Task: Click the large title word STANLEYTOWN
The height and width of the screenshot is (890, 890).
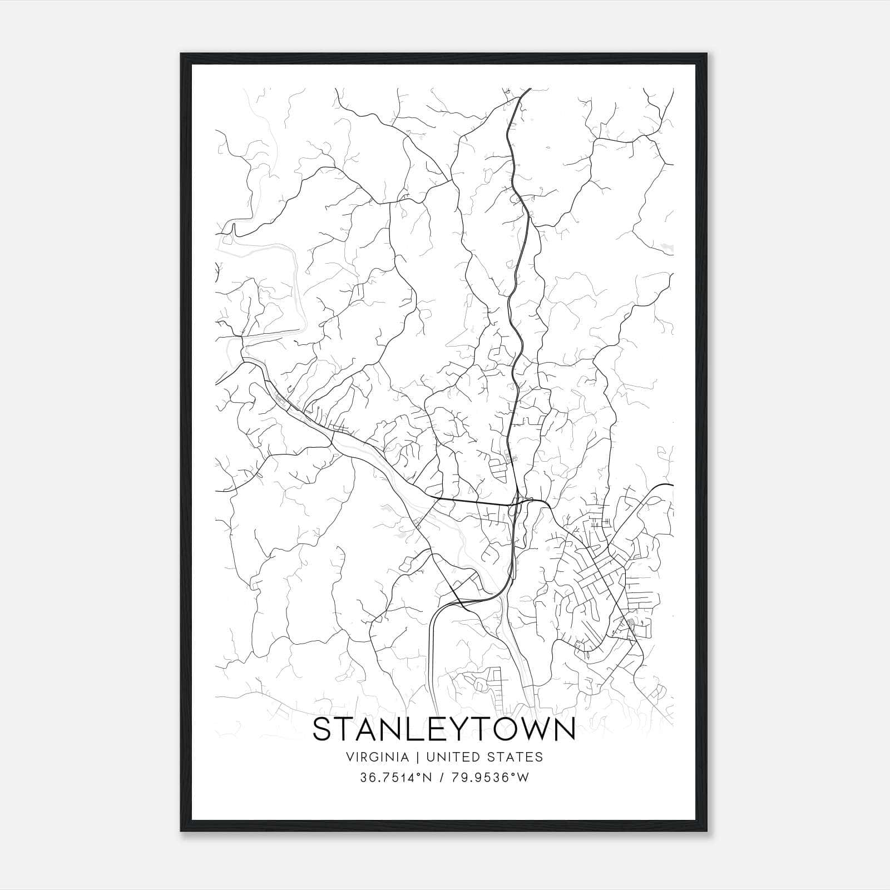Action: pyautogui.click(x=444, y=730)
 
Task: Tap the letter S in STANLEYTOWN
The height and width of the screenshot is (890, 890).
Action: pyautogui.click(x=323, y=730)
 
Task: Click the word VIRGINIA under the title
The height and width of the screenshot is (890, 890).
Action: pyautogui.click(x=377, y=756)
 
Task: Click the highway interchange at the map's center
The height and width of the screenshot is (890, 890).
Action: pyautogui.click(x=519, y=503)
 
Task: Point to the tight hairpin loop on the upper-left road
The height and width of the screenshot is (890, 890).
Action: pyautogui.click(x=234, y=228)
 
